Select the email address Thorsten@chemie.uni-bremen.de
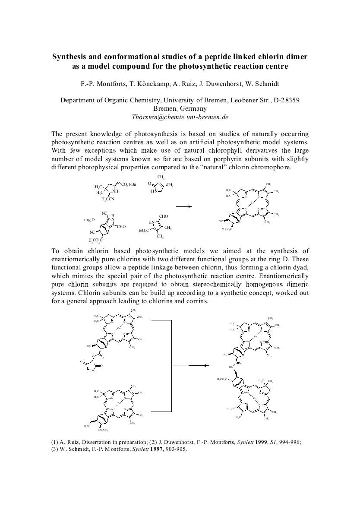click(x=180, y=117)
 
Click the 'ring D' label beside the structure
click(x=89, y=220)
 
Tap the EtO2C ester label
click(x=144, y=231)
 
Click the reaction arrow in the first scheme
click(x=184, y=206)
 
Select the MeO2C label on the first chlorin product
click(x=227, y=228)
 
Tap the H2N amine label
click(x=87, y=426)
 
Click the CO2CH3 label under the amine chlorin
click(x=104, y=430)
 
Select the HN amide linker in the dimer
click(x=231, y=367)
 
